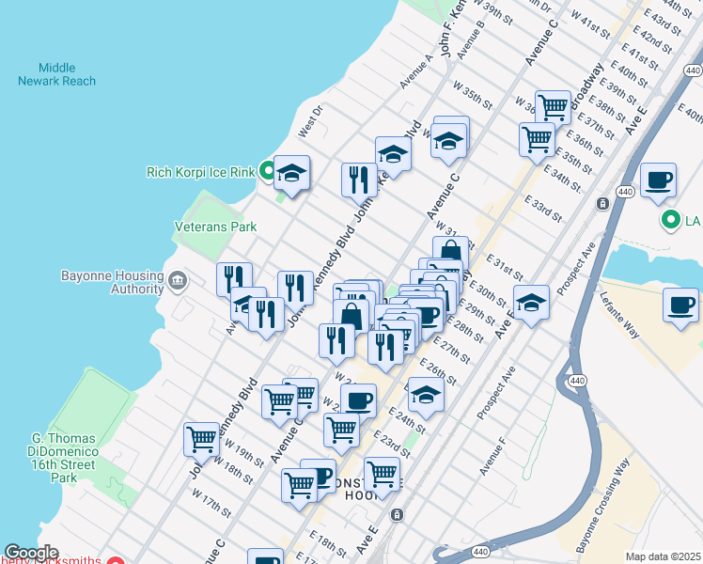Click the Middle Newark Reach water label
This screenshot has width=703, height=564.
pyautogui.click(x=56, y=74)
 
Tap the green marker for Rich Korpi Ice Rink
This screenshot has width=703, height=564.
pyautogui.click(x=267, y=171)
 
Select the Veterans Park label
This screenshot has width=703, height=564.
pyautogui.click(x=215, y=227)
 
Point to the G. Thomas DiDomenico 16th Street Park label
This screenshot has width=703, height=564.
pyautogui.click(x=64, y=458)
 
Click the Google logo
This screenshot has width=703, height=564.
pyautogui.click(x=30, y=553)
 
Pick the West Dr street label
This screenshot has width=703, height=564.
pyautogui.click(x=310, y=118)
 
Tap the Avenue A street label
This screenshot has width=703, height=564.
pyautogui.click(x=416, y=71)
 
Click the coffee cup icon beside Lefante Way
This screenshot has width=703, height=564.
pyautogui.click(x=680, y=305)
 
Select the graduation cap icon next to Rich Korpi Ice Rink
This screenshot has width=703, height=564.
pyautogui.click(x=292, y=172)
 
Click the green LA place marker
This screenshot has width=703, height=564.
pyautogui.click(x=670, y=222)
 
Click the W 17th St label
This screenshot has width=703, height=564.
pyautogui.click(x=211, y=500)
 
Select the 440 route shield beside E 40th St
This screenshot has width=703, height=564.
pyautogui.click(x=693, y=70)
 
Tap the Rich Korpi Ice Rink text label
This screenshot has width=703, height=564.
pyautogui.click(x=201, y=172)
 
